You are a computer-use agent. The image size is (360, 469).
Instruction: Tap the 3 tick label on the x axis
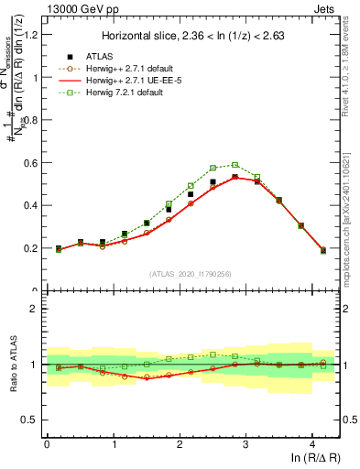(245, 445)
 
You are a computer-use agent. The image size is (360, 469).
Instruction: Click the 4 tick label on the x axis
(312, 445)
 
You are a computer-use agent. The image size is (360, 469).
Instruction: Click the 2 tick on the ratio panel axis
(34, 309)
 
